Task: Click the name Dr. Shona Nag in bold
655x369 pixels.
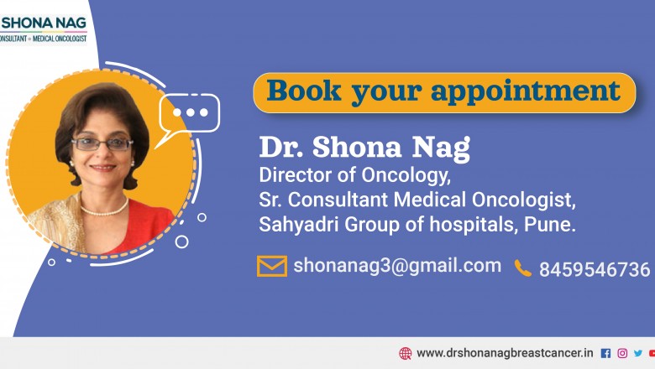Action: pos(364,148)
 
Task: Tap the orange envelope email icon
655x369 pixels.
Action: pos(271,267)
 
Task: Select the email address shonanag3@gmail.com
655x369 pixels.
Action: pos(397,266)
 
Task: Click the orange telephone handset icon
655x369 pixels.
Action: pos(523,268)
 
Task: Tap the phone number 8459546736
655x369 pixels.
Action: pos(595,269)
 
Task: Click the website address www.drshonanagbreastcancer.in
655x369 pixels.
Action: pos(505,353)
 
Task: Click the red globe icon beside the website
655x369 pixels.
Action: pos(406,353)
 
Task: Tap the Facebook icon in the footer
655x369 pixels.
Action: pos(606,353)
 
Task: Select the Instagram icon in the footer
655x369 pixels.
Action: pos(622,353)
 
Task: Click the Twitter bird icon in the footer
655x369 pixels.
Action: pos(637,353)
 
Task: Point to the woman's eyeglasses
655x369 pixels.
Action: pos(102,143)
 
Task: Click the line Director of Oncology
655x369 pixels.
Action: pos(355,177)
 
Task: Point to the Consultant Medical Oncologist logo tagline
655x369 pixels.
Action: pos(44,39)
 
